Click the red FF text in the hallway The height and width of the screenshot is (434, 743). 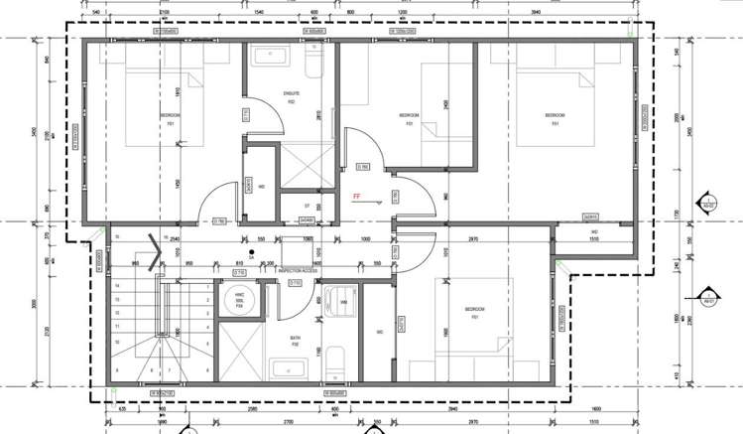tap(356, 197)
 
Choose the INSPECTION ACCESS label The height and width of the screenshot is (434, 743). tap(299, 270)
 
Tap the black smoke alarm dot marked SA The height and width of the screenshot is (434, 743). tap(254, 252)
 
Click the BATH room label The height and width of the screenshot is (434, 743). tap(295, 341)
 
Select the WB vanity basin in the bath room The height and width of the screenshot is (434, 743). tap(340, 302)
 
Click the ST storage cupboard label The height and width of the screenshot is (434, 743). tap(308, 206)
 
